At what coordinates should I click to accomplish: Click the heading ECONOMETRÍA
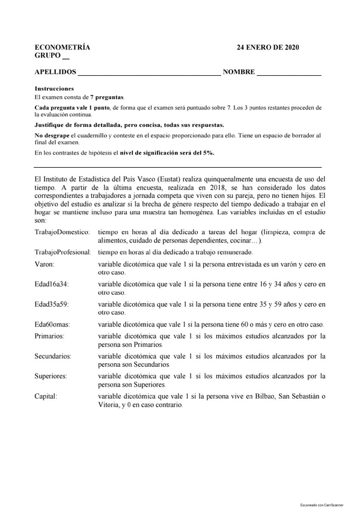tap(62, 48)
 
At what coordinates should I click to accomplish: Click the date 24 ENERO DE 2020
tap(267, 48)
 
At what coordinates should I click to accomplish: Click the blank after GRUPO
tap(66, 57)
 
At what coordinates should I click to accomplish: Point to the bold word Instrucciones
tap(54, 88)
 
